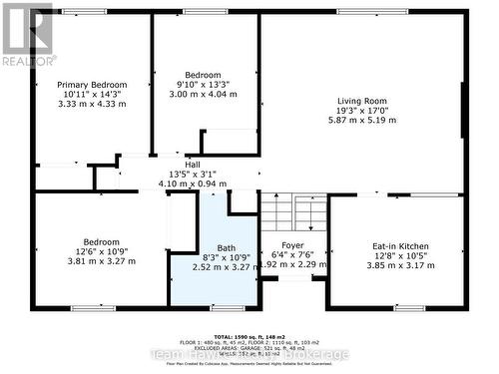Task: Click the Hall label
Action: tap(177, 165)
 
